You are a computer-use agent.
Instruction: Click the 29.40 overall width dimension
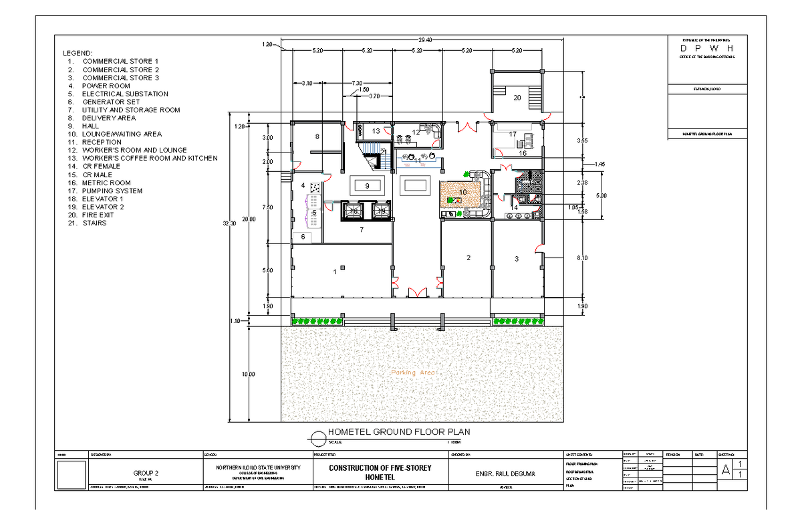tap(424, 40)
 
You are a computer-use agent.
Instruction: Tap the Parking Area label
tap(413, 373)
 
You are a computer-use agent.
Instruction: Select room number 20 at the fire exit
tap(517, 98)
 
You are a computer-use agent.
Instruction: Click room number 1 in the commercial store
tap(334, 272)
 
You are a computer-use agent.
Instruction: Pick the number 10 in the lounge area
tap(462, 193)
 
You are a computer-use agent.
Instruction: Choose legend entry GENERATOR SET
tap(111, 102)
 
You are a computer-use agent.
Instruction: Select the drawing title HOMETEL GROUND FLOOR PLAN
tap(398, 432)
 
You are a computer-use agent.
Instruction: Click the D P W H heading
tap(706, 49)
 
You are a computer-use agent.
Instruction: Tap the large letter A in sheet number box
tap(725, 471)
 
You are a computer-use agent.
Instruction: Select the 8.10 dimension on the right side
tap(581, 257)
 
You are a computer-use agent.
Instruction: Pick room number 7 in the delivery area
tap(361, 230)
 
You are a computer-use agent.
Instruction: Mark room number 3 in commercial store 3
tap(516, 259)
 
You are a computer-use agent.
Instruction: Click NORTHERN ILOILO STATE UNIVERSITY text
tap(258, 467)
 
